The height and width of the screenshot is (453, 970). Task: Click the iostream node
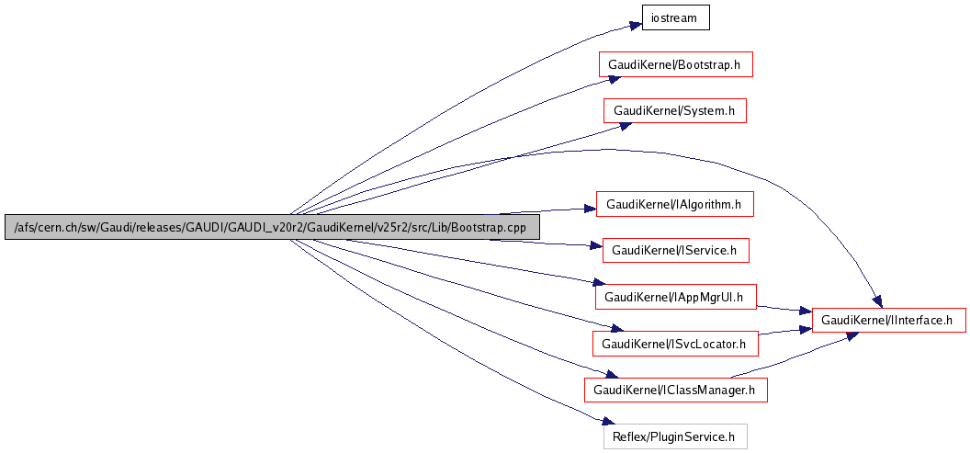(x=675, y=18)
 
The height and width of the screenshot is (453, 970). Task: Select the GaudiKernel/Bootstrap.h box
(x=675, y=64)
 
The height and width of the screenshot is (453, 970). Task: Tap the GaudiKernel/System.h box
(x=674, y=111)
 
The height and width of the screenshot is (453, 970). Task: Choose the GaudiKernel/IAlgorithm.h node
(x=674, y=204)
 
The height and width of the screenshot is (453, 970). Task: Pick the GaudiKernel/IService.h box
(x=675, y=249)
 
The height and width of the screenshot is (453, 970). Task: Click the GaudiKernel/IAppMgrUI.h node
(x=675, y=297)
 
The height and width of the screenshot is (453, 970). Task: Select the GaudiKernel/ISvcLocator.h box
(x=675, y=344)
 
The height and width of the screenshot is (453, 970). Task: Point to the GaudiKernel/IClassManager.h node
(x=675, y=390)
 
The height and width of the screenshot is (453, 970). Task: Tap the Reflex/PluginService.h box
(x=675, y=436)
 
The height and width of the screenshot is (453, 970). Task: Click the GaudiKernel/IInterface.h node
(x=889, y=320)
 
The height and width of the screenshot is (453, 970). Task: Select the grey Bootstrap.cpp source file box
(x=272, y=227)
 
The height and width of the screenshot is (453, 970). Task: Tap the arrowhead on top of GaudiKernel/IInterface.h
(x=876, y=301)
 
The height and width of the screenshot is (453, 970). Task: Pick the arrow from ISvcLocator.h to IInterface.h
(x=785, y=332)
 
